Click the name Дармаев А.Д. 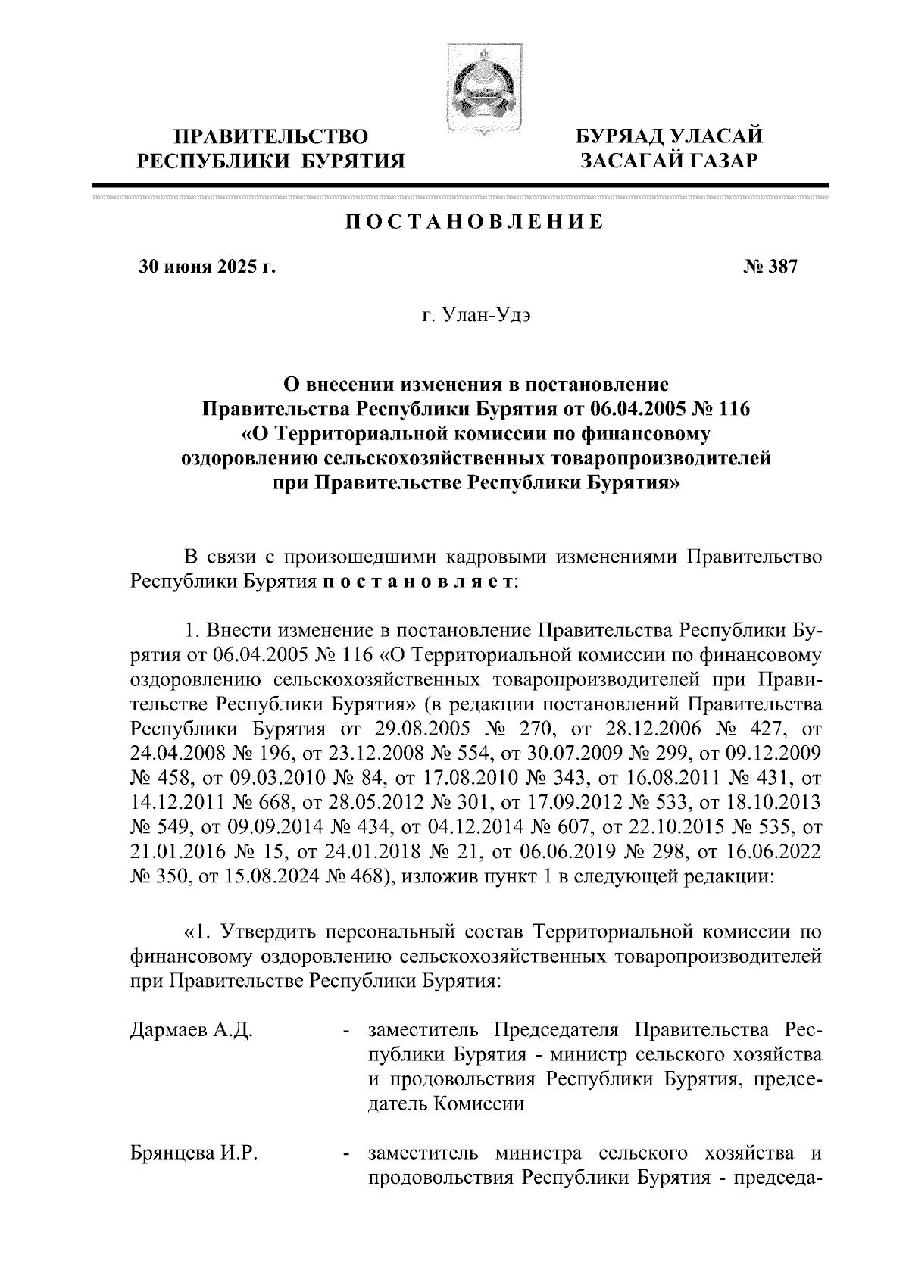click(191, 1030)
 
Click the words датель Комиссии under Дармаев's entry click(446, 1103)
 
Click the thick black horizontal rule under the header click(461, 184)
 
